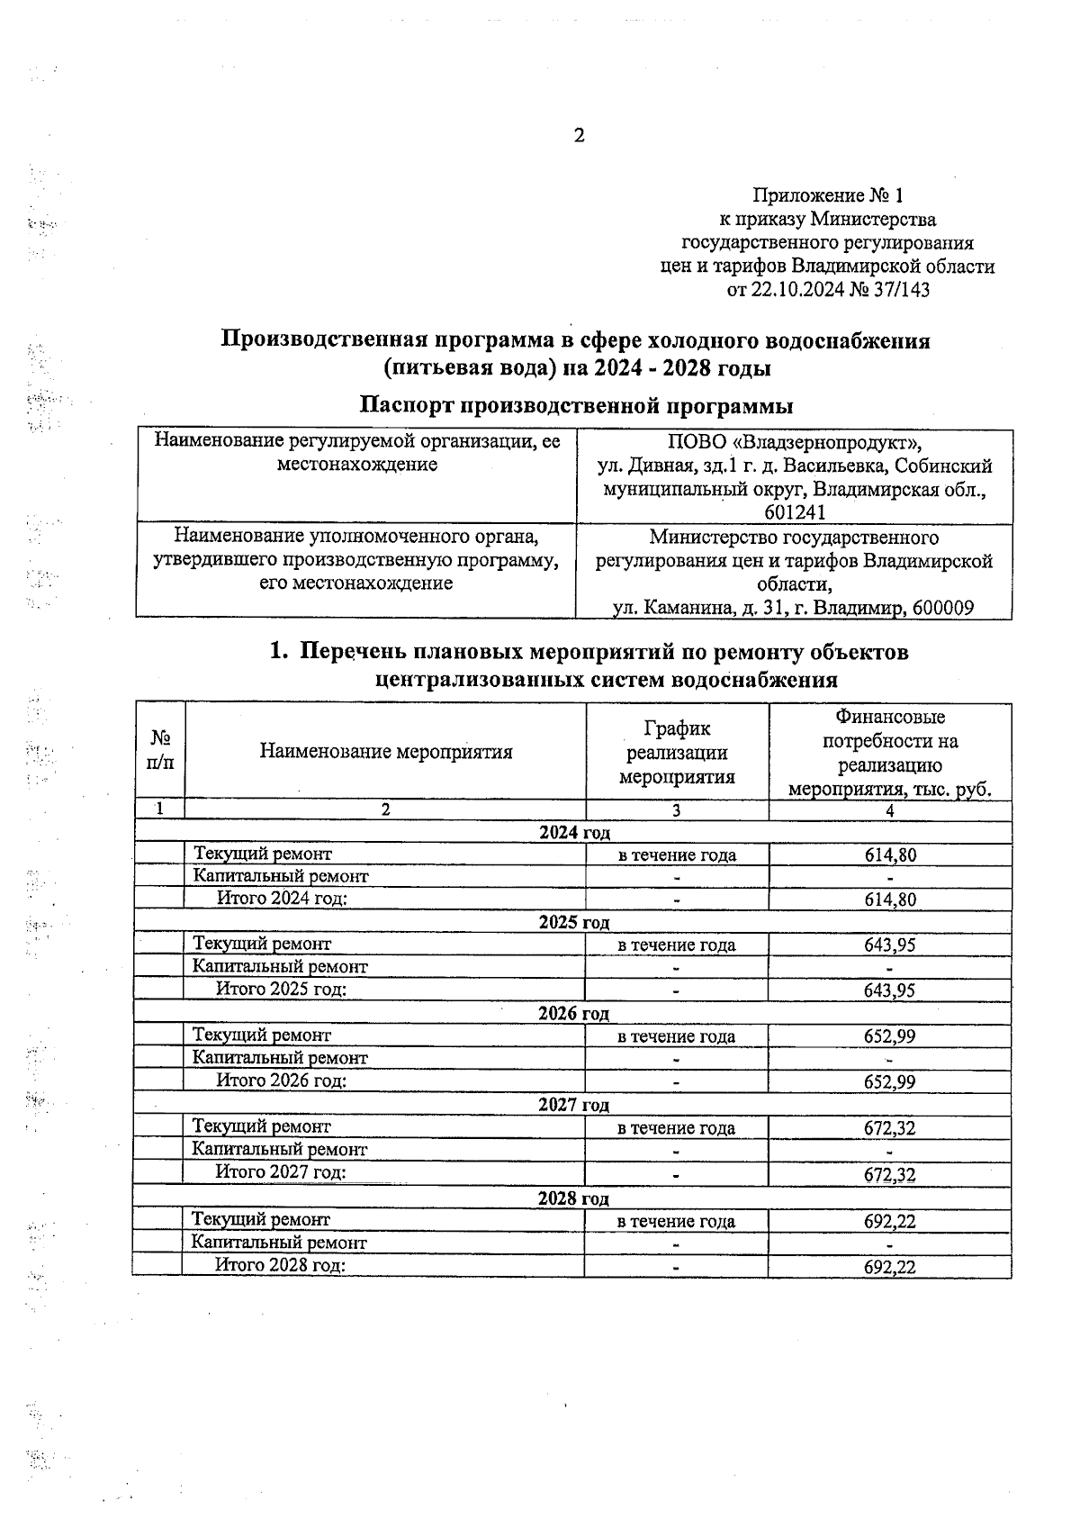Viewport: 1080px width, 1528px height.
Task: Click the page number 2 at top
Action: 579,136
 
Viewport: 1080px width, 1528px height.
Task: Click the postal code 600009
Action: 942,609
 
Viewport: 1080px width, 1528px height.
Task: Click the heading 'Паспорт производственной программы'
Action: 576,406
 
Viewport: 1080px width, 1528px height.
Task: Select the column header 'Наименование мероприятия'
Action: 386,752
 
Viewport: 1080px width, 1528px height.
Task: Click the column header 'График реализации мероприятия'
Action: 677,752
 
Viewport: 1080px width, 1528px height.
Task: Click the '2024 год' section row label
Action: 574,833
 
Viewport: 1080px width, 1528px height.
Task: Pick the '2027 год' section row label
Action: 573,1105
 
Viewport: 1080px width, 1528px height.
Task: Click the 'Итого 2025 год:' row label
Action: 282,989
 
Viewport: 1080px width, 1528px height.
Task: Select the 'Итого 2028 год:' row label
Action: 280,1265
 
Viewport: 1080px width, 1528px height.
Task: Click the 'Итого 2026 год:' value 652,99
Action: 889,1081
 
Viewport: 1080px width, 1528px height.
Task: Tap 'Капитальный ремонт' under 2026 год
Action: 280,1058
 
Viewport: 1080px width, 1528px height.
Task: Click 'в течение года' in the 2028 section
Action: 676,1222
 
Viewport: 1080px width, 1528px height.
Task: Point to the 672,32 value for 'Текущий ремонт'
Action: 889,1128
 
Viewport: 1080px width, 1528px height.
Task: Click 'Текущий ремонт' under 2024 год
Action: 263,854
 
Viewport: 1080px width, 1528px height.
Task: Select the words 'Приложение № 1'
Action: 826,195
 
